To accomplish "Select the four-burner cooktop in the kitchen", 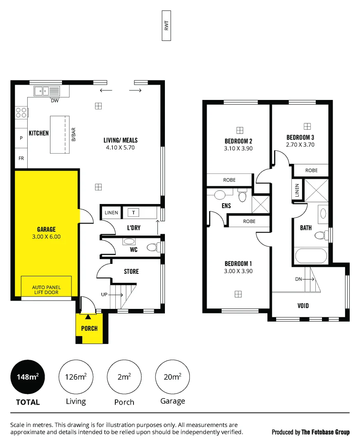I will pyautogui.click(x=21, y=112).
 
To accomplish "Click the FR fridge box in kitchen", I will pyautogui.click(x=21, y=158).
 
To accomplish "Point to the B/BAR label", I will pyautogui.click(x=74, y=134).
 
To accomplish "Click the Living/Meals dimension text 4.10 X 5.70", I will pyautogui.click(x=120, y=147).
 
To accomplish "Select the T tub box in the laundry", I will pyautogui.click(x=134, y=213).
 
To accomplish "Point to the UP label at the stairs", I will pyautogui.click(x=105, y=294).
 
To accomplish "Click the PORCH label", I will pyautogui.click(x=89, y=328).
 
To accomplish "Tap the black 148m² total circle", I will pyautogui.click(x=28, y=377).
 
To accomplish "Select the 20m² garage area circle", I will pyautogui.click(x=172, y=377).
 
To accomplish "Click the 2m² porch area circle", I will pyautogui.click(x=124, y=377).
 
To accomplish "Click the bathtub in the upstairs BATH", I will pyautogui.click(x=311, y=256).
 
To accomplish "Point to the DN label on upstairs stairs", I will pyautogui.click(x=298, y=279).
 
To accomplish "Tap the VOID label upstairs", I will pyautogui.click(x=303, y=306).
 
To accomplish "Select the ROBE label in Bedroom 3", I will pyautogui.click(x=311, y=171).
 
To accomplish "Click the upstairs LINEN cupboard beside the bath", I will pyautogui.click(x=297, y=190).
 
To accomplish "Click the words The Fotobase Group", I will pyautogui.click(x=325, y=432).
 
